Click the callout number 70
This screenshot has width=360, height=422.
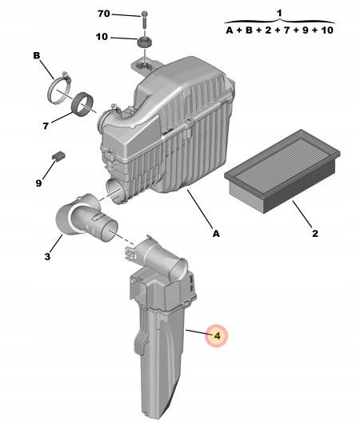104,14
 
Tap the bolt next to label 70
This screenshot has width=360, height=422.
144,19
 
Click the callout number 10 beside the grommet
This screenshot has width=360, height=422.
102,37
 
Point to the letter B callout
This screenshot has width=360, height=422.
37,56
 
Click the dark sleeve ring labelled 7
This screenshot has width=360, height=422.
82,104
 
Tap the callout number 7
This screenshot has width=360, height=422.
46,126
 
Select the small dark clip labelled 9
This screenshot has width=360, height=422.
58,156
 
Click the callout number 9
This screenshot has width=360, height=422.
38,183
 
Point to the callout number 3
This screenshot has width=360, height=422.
47,256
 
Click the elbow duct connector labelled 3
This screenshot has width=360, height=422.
86,218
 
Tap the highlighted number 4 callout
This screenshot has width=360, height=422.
218,336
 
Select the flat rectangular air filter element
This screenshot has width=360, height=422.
282,171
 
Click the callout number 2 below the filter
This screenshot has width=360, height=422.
315,233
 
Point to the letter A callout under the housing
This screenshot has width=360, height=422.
216,234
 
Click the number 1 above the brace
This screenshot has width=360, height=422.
279,13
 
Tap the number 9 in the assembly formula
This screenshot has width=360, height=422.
305,30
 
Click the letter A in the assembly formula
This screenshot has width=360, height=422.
229,30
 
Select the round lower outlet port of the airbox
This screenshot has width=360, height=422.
115,191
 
